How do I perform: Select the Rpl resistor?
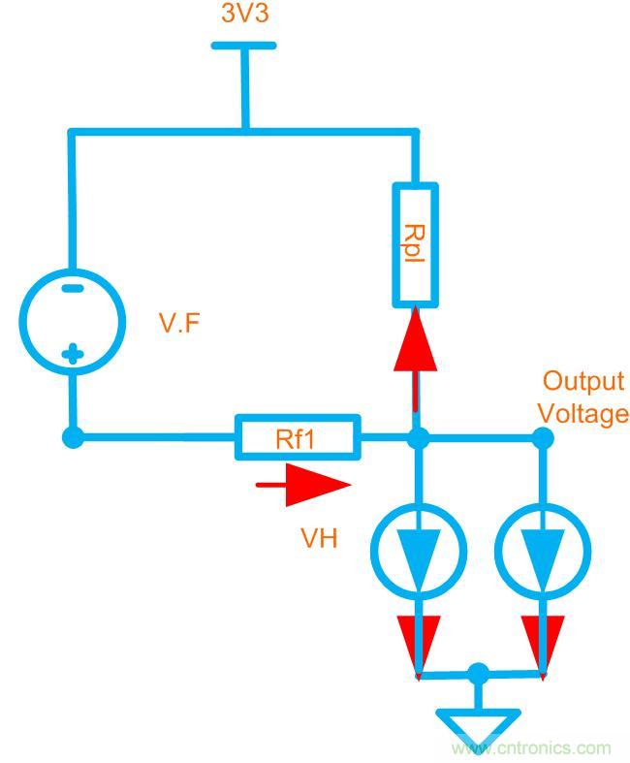point(415,244)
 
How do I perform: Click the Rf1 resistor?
point(297,438)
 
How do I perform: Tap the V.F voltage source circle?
point(73,321)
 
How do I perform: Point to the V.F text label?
point(179,324)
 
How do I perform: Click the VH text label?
point(319,538)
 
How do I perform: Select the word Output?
point(583,380)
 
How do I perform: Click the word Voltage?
point(583,414)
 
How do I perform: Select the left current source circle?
point(419,551)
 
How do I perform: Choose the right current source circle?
point(543,551)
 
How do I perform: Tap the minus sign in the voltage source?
point(72,288)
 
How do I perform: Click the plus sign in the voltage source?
point(72,354)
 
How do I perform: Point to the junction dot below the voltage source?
point(73,438)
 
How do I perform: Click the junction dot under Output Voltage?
point(543,438)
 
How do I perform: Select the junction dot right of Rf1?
point(418,438)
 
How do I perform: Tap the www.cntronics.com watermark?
point(531,747)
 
